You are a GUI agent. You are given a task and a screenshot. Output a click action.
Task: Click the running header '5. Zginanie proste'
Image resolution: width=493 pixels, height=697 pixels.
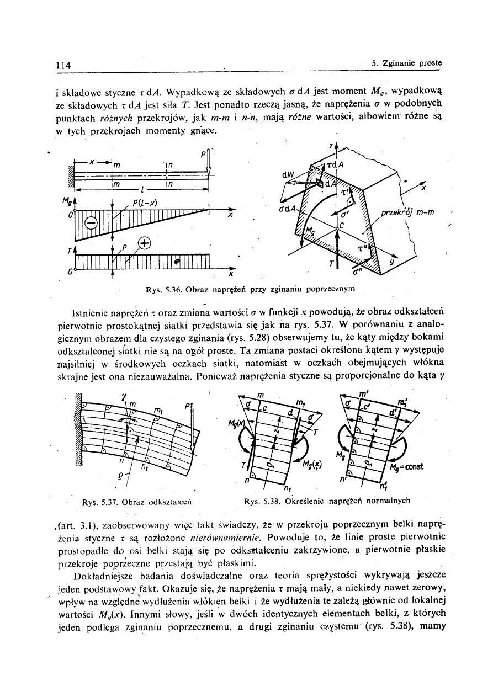tap(407, 63)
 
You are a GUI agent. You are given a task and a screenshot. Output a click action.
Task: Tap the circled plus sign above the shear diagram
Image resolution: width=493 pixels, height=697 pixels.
tap(144, 243)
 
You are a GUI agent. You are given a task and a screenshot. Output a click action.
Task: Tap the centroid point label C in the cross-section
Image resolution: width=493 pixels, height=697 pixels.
tap(342, 226)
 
